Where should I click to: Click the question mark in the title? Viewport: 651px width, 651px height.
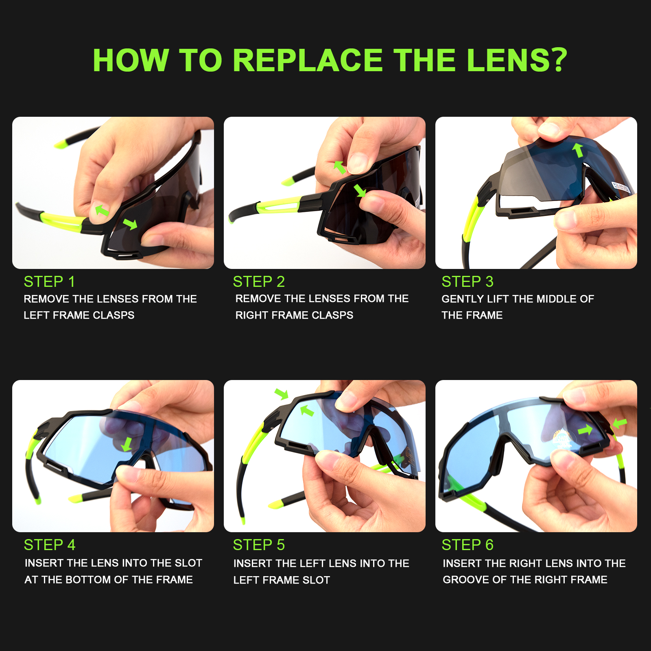pyautogui.click(x=555, y=60)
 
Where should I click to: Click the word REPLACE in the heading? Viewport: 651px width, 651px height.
pyautogui.click(x=308, y=60)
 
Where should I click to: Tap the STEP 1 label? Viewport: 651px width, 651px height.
pyautogui.click(x=49, y=282)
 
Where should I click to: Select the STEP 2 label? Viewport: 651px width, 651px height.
pyautogui.click(x=259, y=282)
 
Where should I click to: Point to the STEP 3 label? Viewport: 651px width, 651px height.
pyautogui.click(x=467, y=282)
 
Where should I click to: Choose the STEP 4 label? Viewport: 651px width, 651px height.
pyautogui.click(x=50, y=545)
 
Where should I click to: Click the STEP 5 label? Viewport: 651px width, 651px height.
pyautogui.click(x=259, y=545)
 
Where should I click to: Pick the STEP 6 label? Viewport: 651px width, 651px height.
pyautogui.click(x=467, y=545)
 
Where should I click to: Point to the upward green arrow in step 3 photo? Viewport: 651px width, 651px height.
pyautogui.click(x=578, y=150)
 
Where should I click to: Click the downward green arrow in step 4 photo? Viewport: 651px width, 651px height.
pyautogui.click(x=127, y=444)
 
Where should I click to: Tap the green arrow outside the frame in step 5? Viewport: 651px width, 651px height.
pyautogui.click(x=281, y=393)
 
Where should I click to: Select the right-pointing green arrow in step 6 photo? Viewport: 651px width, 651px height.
pyautogui.click(x=585, y=430)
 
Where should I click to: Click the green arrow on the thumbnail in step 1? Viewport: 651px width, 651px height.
pyautogui.click(x=102, y=210)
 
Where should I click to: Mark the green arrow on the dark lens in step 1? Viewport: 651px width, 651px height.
pyautogui.click(x=130, y=224)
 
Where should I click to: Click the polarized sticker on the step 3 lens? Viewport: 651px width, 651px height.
pyautogui.click(x=621, y=188)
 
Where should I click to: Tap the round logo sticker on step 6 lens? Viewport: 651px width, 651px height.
pyautogui.click(x=562, y=439)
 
